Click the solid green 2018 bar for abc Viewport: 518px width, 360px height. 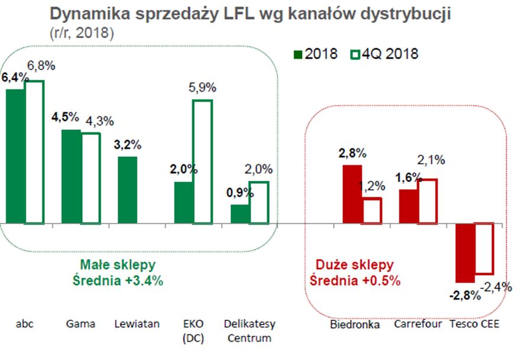point(14,156)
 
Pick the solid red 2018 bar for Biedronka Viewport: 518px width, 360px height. point(353,194)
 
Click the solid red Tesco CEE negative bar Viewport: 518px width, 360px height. point(465,253)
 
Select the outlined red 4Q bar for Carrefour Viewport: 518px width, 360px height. point(428,201)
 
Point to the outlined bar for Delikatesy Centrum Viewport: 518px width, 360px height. point(258,203)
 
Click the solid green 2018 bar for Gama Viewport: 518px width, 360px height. point(72,176)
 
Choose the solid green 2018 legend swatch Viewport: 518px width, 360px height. point(297,54)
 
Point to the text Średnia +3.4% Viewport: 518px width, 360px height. point(122,281)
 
